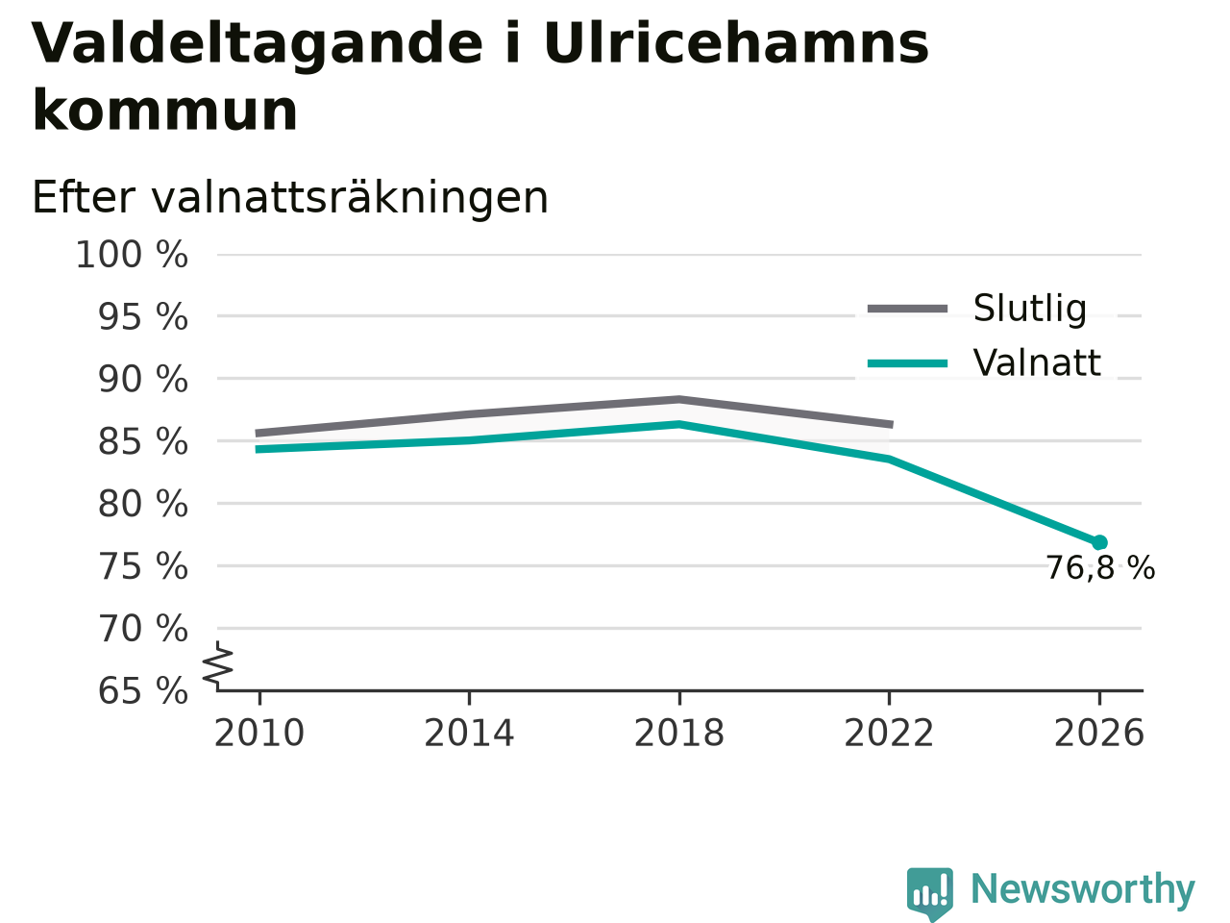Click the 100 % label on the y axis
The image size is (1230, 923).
pos(132,255)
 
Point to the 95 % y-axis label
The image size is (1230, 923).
pos(143,317)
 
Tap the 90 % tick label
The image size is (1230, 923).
pos(143,380)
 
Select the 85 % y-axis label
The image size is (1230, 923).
pos(143,442)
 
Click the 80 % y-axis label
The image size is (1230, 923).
pos(143,504)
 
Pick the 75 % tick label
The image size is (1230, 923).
pos(143,566)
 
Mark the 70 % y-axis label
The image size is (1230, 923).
pos(143,629)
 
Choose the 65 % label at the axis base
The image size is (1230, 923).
pos(143,691)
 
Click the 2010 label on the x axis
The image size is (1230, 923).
pos(258,733)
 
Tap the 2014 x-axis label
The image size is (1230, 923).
pos(469,733)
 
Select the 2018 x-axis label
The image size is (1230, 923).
pos(679,733)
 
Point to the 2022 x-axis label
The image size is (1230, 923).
pos(889,733)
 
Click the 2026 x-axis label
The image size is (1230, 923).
pos(1099,733)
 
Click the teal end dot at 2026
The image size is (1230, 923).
pos(1099,542)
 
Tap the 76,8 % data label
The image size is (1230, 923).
pos(1100,568)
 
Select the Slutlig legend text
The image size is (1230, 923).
pos(1030,309)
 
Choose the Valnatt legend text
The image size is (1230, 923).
pos(1037,362)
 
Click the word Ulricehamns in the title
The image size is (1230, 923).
pos(736,44)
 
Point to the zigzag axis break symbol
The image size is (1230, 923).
pos(218,664)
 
